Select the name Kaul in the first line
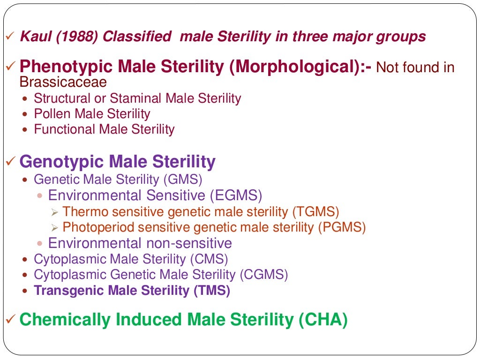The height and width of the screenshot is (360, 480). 35,37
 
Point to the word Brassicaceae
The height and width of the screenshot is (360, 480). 63,82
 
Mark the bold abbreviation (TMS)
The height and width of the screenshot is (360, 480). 212,290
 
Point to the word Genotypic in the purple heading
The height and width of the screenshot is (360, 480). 61,162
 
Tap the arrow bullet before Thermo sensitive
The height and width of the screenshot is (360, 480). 54,212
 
